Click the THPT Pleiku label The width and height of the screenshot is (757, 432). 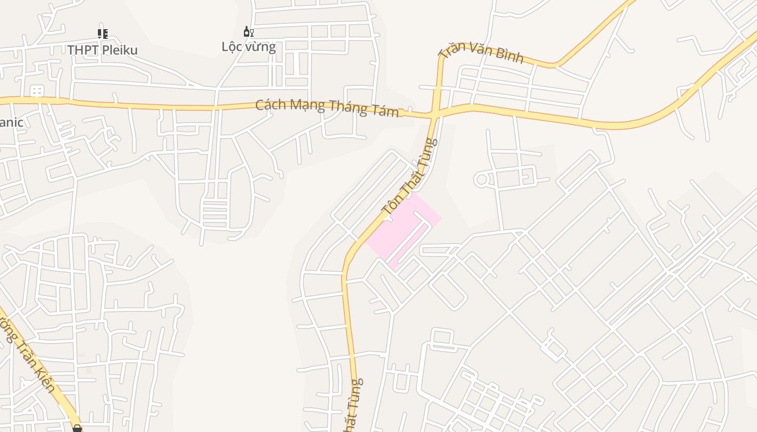tap(102, 50)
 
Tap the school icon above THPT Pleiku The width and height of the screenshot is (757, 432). tap(102, 34)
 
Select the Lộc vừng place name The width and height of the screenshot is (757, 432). tap(249, 46)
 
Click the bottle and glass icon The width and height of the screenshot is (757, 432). tap(248, 32)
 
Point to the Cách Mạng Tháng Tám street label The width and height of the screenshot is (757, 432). tap(327, 107)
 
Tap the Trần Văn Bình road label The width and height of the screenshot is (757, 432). tap(481, 52)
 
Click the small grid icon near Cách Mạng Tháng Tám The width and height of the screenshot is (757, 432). tap(37, 91)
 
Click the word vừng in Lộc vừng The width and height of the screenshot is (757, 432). tap(261, 47)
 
